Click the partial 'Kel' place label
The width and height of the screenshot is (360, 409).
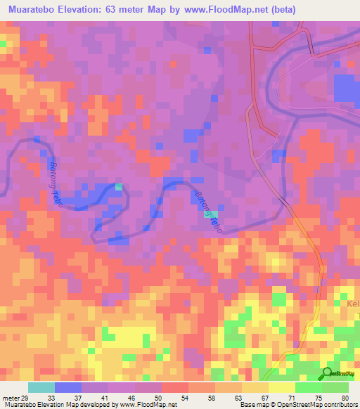352,304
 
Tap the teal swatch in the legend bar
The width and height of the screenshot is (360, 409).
41,387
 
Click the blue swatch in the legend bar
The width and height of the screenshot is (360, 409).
68,387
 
